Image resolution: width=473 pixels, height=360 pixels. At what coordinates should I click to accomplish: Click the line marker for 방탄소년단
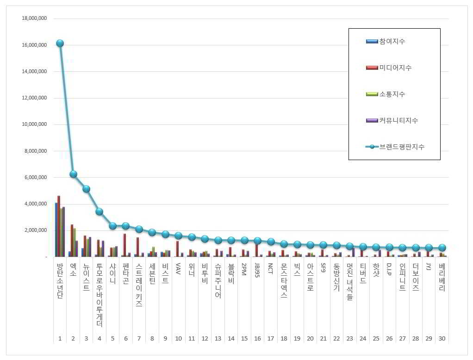tap(60, 43)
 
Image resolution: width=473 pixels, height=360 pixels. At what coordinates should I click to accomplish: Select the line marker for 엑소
tap(73, 174)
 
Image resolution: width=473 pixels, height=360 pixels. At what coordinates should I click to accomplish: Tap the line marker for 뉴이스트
tap(86, 189)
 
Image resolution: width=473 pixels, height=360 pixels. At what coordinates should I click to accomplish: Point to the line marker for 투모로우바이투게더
tap(99, 211)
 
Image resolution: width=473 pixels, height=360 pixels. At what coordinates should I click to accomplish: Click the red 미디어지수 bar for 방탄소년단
tap(59, 226)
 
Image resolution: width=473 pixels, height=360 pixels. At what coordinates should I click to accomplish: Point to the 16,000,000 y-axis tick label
tap(34, 45)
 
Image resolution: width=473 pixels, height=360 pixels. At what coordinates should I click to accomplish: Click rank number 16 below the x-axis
tap(257, 339)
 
